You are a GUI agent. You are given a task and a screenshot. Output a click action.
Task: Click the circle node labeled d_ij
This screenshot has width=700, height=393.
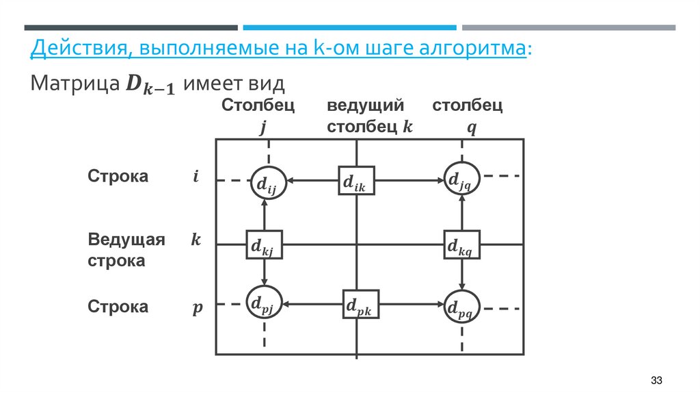(266, 182)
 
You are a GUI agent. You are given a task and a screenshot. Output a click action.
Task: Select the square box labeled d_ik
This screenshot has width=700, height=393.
(356, 181)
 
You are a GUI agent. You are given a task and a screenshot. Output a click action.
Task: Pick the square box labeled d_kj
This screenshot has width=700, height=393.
(264, 244)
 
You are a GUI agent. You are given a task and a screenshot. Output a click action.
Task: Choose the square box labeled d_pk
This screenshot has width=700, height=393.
(360, 306)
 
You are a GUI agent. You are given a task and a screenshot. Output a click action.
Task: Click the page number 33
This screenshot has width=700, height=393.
(657, 380)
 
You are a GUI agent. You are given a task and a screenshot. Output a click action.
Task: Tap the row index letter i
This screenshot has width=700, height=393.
(196, 177)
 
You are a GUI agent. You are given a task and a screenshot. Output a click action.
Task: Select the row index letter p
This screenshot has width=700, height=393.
(197, 307)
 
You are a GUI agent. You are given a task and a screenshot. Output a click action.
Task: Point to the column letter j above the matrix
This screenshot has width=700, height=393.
(263, 128)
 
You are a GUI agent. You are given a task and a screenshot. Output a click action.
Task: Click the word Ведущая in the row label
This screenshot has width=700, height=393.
(126, 240)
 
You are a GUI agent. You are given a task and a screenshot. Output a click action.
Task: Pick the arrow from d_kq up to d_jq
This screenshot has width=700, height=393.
(462, 213)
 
